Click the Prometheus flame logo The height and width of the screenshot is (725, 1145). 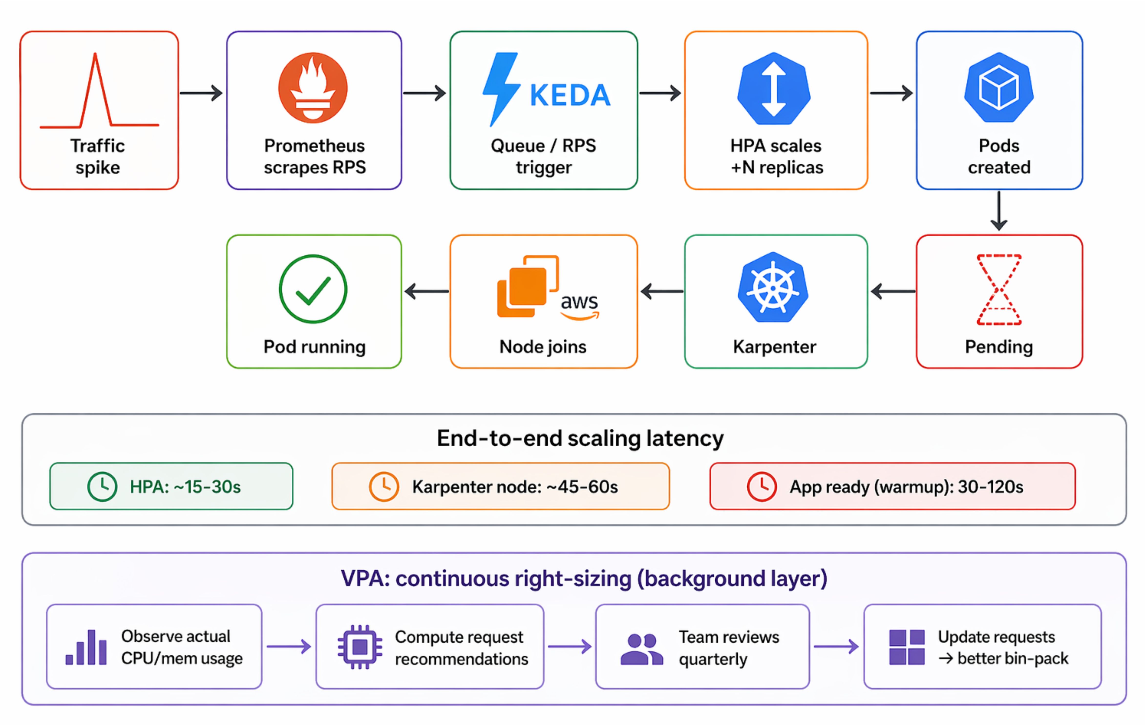[x=313, y=88]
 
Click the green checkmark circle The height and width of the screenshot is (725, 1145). [x=313, y=289]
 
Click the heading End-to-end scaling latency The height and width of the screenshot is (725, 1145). [x=580, y=438]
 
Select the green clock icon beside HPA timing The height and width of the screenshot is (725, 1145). [x=102, y=486]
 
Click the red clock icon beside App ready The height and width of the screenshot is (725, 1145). [x=762, y=486]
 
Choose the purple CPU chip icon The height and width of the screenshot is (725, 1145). [x=360, y=647]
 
